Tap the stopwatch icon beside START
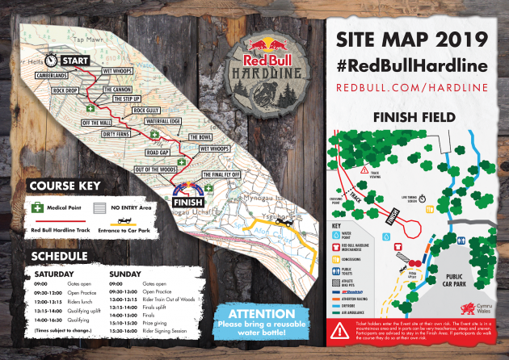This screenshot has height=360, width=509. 51,60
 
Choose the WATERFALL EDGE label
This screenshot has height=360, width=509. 161,120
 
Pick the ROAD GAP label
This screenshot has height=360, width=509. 158,152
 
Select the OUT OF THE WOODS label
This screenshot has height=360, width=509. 156,169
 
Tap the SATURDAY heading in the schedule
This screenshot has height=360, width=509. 56,273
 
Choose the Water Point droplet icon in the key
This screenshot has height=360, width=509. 339,236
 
